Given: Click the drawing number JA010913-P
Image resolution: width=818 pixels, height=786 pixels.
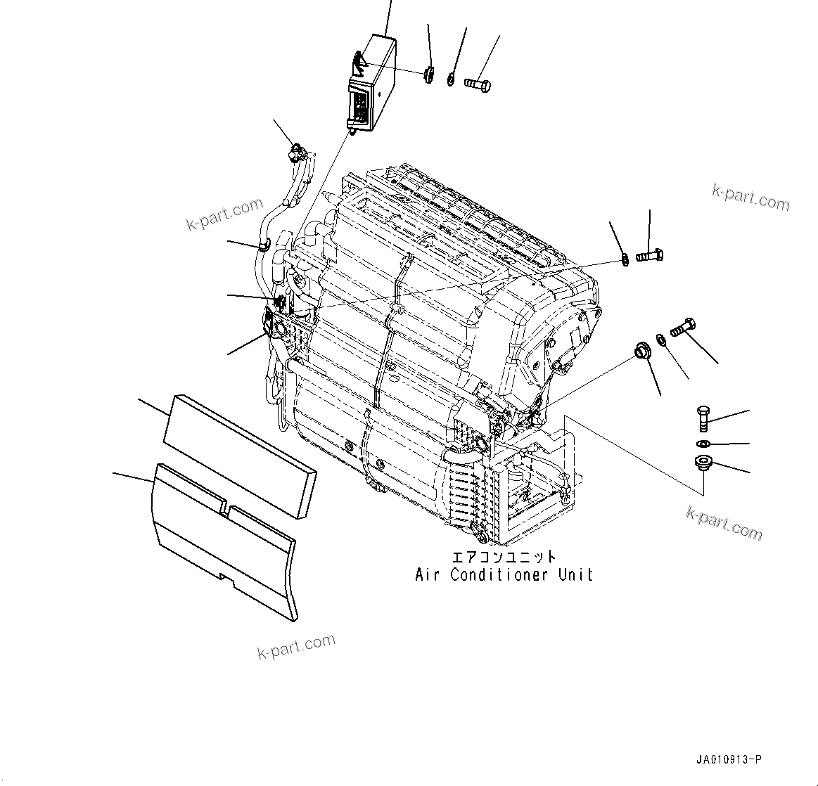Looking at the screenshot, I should click(x=729, y=759).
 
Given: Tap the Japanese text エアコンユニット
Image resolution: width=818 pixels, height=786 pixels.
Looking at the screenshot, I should click(x=504, y=557).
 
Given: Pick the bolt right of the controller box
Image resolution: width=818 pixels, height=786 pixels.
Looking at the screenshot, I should click(x=478, y=85).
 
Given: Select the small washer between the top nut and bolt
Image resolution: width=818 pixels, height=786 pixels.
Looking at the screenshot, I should click(x=451, y=79).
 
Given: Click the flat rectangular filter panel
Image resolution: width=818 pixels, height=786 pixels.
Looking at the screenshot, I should click(x=240, y=457).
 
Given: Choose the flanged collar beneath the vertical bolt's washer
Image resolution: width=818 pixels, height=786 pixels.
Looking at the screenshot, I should click(x=702, y=463).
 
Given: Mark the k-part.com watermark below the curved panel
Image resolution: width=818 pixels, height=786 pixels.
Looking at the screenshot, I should click(x=296, y=645).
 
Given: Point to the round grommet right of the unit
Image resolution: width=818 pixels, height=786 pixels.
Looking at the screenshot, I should click(x=642, y=350).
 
